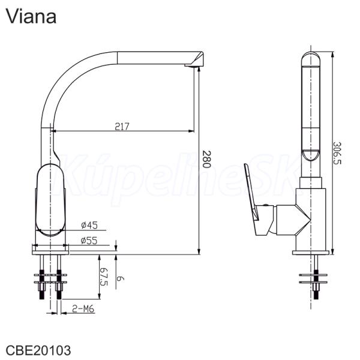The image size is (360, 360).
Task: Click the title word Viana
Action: coord(31,16)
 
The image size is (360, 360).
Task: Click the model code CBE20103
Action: coord(38,350)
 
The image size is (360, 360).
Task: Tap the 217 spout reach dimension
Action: coord(122,127)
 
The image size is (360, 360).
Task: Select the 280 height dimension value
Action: coord(206,160)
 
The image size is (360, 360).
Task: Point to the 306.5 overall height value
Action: coord(337,153)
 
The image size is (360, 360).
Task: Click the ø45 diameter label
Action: coord(89,225)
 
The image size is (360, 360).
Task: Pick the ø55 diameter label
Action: coord(89,241)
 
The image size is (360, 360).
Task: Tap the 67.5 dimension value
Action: coord(104,277)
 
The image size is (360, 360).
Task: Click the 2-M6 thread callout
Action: coord(83,309)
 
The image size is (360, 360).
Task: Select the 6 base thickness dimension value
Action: coord(121,279)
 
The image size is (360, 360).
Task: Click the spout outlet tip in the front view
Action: coord(194,65)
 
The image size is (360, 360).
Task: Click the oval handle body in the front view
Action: coord(51,200)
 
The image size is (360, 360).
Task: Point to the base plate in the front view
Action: coord(50,250)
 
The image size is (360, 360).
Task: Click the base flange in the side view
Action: coord(311,253)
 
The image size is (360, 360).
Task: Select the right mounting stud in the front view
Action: coord(59,277)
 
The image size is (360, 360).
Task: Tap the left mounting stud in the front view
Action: coord(42,277)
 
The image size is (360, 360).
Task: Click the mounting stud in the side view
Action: coord(316,277)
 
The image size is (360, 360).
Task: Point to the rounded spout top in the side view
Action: coord(311,59)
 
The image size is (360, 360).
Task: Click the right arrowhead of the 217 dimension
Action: coord(191,131)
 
